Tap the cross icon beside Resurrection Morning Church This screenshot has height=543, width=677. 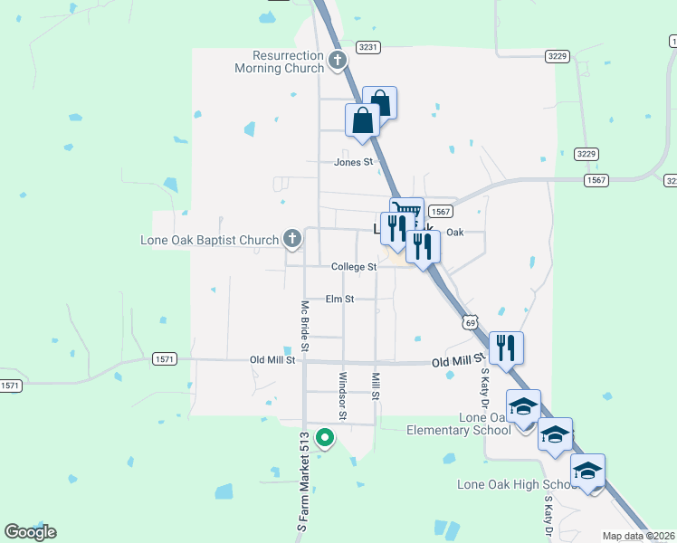click(x=338, y=62)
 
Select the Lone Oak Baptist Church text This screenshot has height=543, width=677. click(x=209, y=240)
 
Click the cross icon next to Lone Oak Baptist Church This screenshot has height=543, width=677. click(x=291, y=239)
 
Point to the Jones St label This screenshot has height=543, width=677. click(x=353, y=162)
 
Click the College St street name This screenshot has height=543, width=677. click(x=353, y=267)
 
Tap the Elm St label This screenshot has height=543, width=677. click(x=339, y=299)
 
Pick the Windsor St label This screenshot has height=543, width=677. click(x=342, y=395)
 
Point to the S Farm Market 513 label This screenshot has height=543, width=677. click(x=304, y=480)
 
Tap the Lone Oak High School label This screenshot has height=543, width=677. click(x=517, y=485)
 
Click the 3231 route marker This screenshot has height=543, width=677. click(x=368, y=46)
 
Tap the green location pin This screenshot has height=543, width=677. click(x=325, y=439)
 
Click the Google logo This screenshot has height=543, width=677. click(x=30, y=532)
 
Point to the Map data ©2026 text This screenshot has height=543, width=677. click(x=639, y=536)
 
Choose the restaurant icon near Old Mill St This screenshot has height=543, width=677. click(x=506, y=346)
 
